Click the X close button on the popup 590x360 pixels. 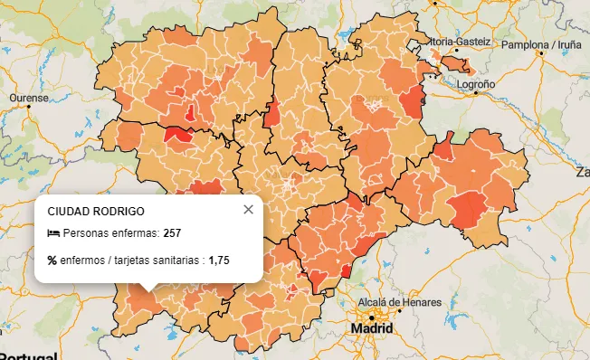pyautogui.click(x=249, y=210)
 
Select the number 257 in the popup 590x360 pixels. pyautogui.click(x=173, y=234)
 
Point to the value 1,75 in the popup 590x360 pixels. pyautogui.click(x=219, y=261)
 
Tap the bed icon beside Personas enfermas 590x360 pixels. pyautogui.click(x=52, y=234)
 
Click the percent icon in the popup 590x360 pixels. pyautogui.click(x=52, y=261)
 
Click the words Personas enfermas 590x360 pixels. pyautogui.click(x=109, y=234)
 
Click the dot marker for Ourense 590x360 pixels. pyautogui.click(x=29, y=107)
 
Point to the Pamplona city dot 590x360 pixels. pyautogui.click(x=542, y=52)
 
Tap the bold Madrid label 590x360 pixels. pyautogui.click(x=372, y=327)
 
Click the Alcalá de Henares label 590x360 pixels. pyautogui.click(x=400, y=301)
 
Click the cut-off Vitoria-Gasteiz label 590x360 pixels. pyautogui.click(x=461, y=42)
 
